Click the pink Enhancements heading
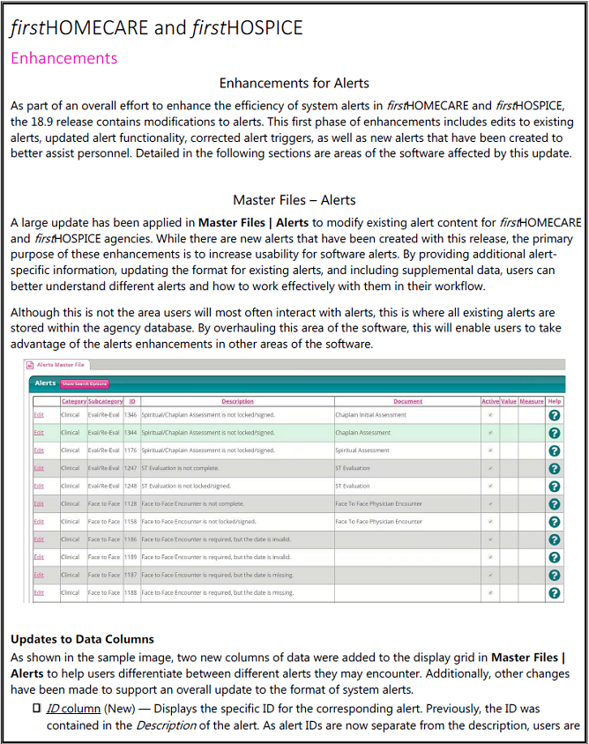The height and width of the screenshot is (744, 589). [x=63, y=58]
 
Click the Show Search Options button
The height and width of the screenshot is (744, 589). [x=85, y=383]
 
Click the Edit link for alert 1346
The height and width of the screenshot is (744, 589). [x=38, y=414]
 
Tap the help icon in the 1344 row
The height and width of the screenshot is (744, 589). [x=554, y=433]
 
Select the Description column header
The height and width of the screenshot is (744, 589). [x=237, y=401]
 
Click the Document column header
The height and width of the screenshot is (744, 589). [x=407, y=401]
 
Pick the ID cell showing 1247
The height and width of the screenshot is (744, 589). [x=130, y=468]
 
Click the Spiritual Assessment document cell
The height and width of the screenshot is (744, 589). [x=362, y=450]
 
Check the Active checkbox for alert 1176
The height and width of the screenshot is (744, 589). [x=490, y=450]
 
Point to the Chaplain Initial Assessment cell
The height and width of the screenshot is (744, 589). [x=370, y=414]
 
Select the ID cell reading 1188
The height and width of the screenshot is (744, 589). [x=130, y=593]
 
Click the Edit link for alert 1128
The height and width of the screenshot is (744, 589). [x=38, y=504]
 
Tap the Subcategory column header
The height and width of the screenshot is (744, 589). [x=105, y=401]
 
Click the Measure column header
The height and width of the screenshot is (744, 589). [x=532, y=401]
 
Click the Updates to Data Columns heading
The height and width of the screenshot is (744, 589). [x=82, y=638]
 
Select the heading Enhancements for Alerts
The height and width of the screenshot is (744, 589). [x=294, y=84]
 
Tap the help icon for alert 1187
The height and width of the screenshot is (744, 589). [x=554, y=576]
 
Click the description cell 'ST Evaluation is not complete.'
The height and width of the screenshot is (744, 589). [x=181, y=468]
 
